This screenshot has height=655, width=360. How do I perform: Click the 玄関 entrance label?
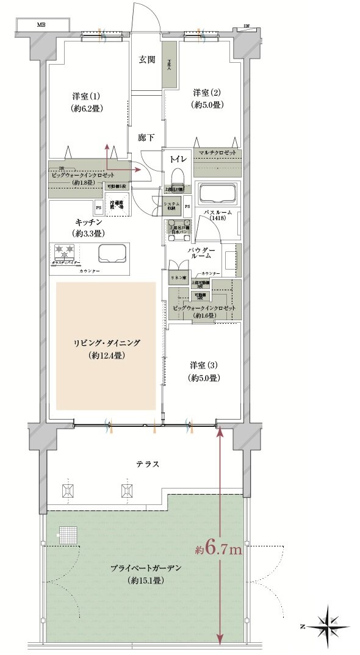(x=146, y=60)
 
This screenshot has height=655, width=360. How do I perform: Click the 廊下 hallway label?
(x=146, y=138)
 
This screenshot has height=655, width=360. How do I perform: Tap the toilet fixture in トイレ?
(x=177, y=179)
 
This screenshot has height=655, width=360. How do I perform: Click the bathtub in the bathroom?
(x=217, y=196)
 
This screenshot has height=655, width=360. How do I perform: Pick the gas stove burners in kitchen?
(x=65, y=249)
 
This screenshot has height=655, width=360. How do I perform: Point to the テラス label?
(x=148, y=464)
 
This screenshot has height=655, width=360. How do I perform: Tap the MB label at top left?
(x=41, y=25)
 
